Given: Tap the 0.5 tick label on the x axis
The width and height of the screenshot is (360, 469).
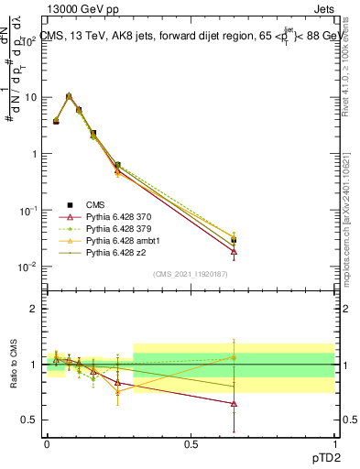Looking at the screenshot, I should (x=191, y=442).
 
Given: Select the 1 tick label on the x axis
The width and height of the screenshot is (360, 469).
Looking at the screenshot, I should (x=333, y=442).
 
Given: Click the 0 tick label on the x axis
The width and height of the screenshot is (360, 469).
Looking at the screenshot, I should (x=47, y=442).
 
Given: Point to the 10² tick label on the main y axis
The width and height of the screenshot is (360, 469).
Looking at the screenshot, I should (x=29, y=40).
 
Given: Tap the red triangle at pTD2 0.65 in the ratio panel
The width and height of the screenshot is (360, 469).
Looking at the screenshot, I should (x=234, y=403).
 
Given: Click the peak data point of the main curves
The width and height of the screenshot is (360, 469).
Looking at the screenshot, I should (x=69, y=95).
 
